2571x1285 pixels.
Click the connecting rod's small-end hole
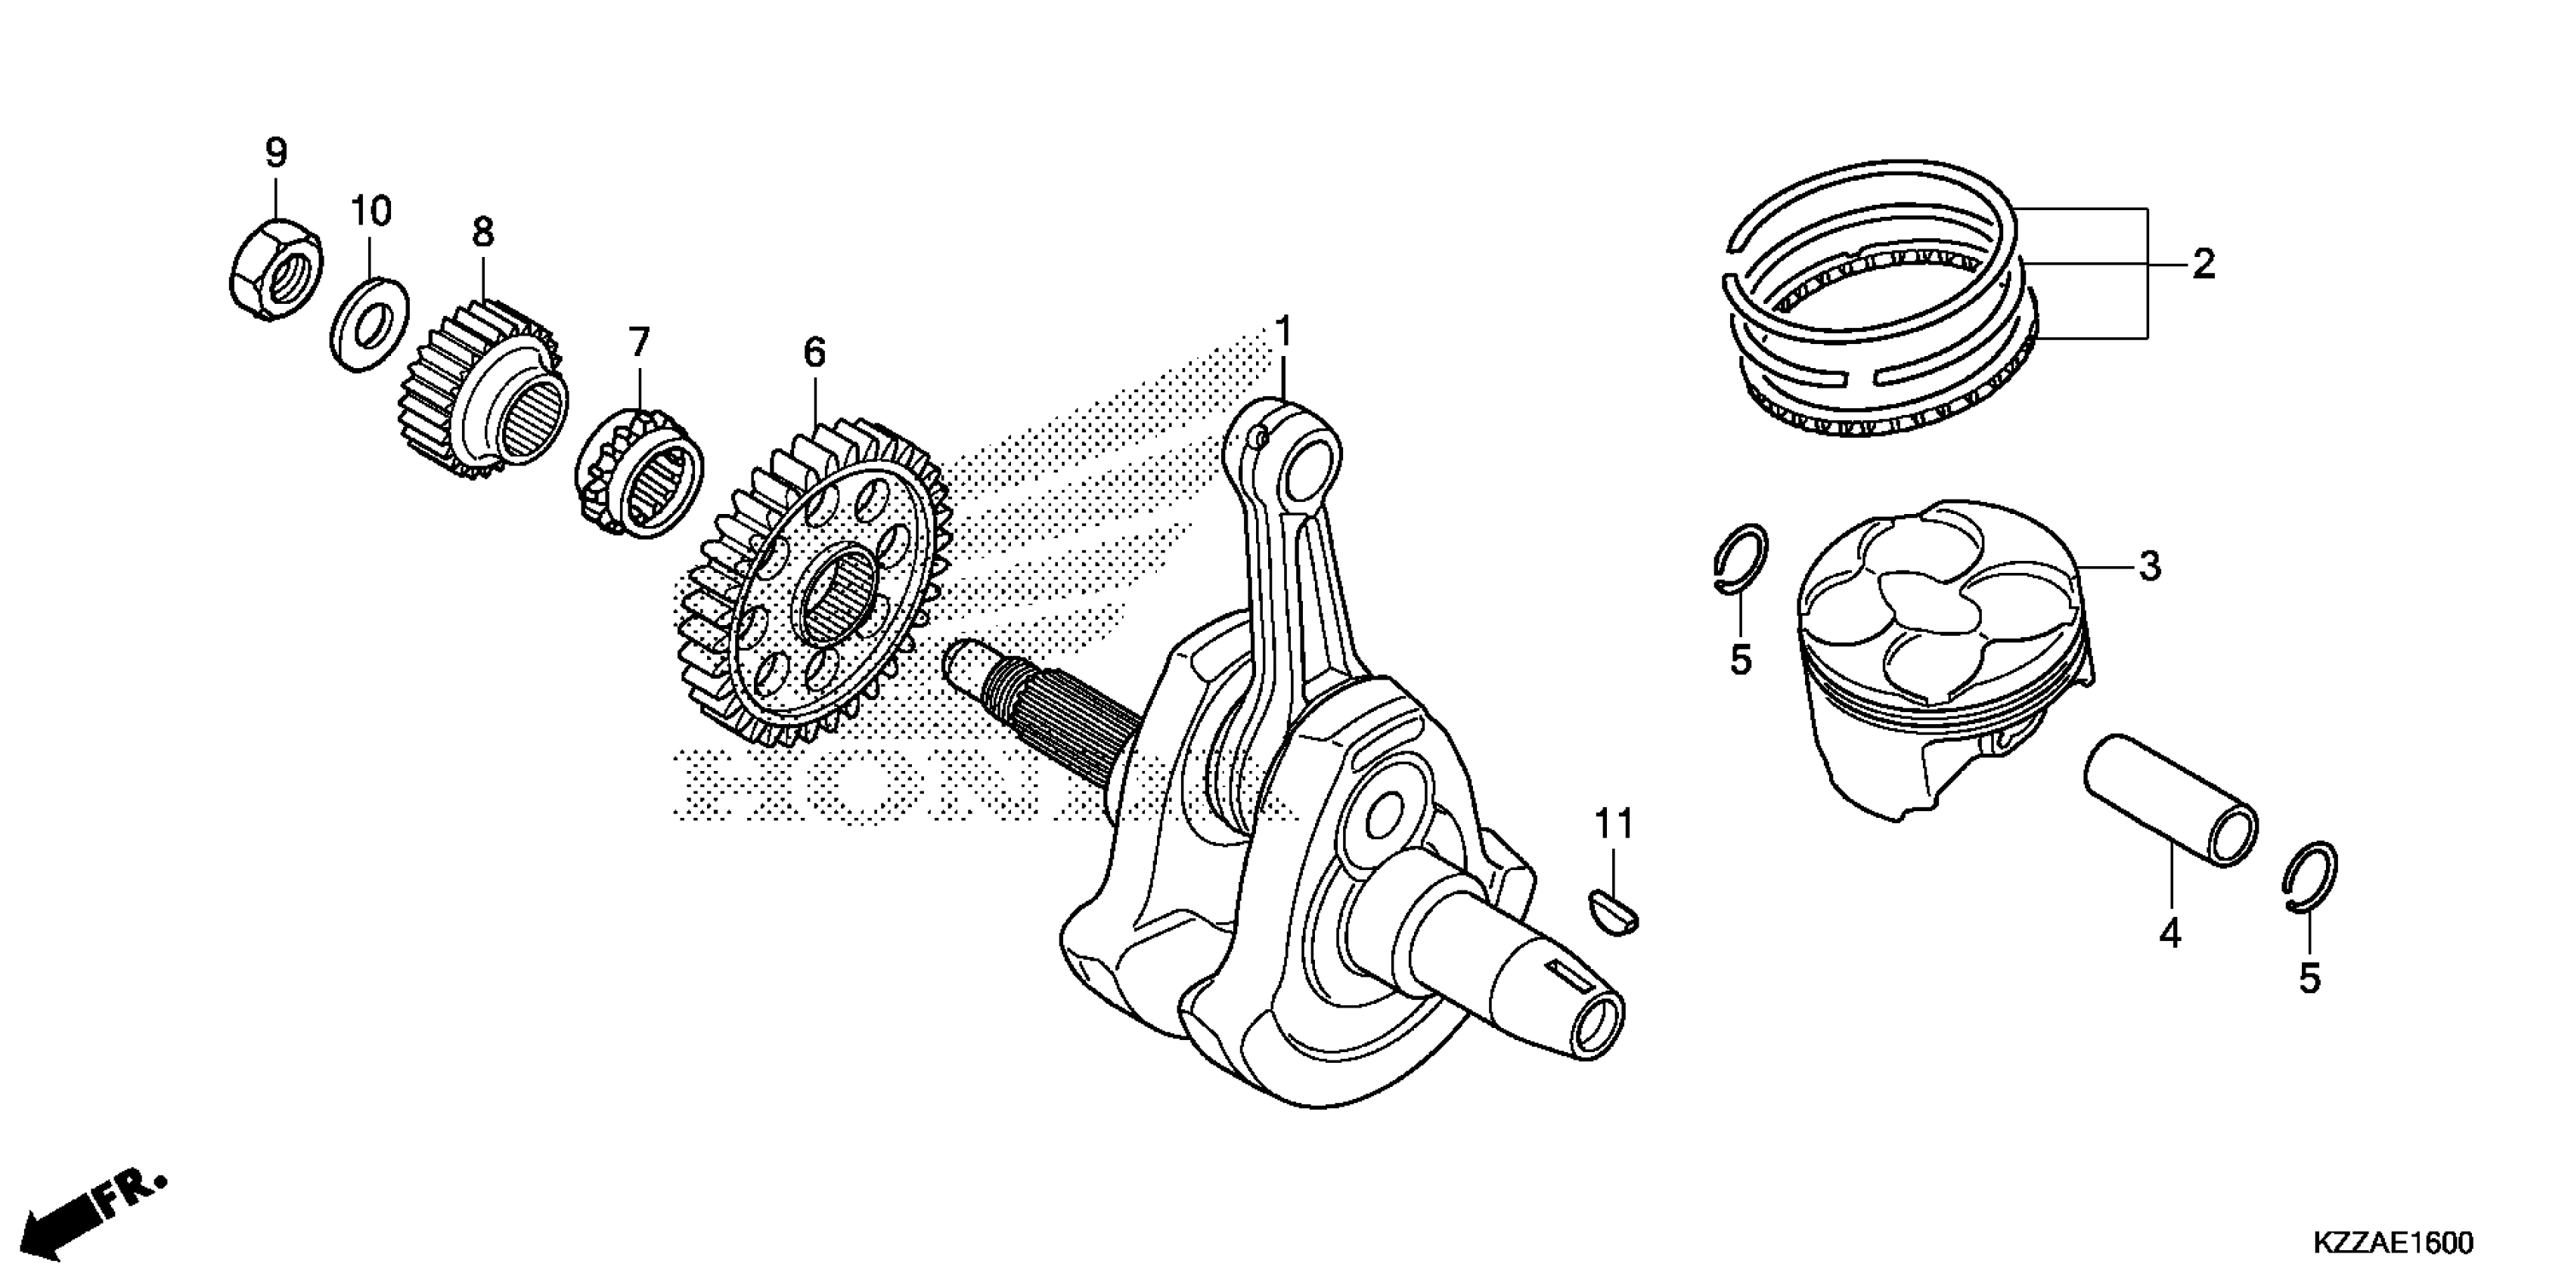click(1310, 467)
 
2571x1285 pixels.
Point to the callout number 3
click(2150, 565)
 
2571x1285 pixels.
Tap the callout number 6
click(814, 352)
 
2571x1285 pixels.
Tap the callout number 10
click(371, 212)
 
